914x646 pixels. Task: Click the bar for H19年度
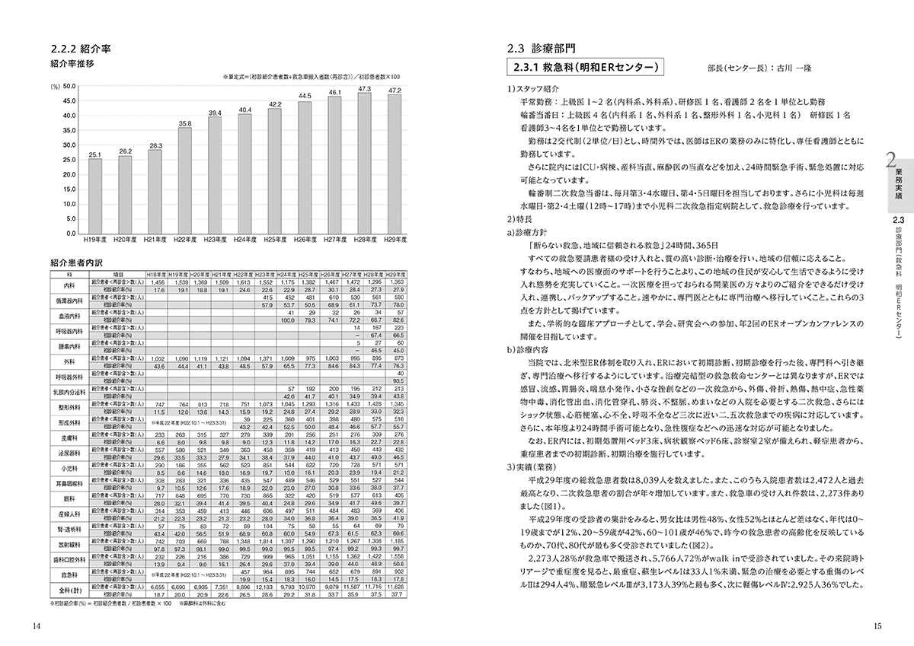pyautogui.click(x=95, y=196)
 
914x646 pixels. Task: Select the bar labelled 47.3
pyautogui.click(x=363, y=163)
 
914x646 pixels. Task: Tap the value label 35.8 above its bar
pyautogui.click(x=184, y=123)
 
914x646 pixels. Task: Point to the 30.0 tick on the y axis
pyautogui.click(x=69, y=145)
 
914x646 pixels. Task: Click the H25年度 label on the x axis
pyautogui.click(x=274, y=240)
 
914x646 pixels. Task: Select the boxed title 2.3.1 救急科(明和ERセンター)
pyautogui.click(x=585, y=68)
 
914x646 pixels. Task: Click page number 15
pyautogui.click(x=877, y=625)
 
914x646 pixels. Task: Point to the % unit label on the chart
pyautogui.click(x=55, y=87)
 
